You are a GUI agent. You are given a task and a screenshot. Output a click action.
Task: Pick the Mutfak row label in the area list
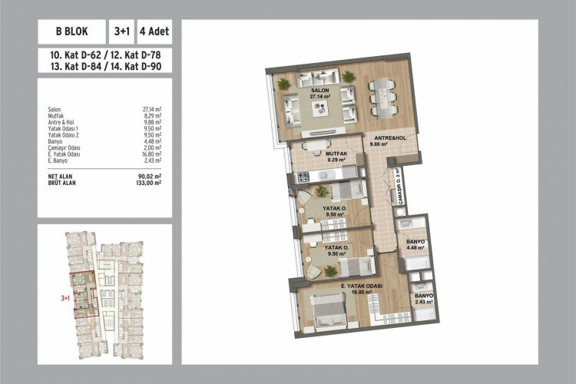(55, 115)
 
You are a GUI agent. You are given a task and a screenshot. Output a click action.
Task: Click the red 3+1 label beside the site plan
(65, 295)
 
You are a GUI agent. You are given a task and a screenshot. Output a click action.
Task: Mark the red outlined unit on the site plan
(82, 293)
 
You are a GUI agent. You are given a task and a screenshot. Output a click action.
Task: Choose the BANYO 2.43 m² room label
(424, 299)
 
